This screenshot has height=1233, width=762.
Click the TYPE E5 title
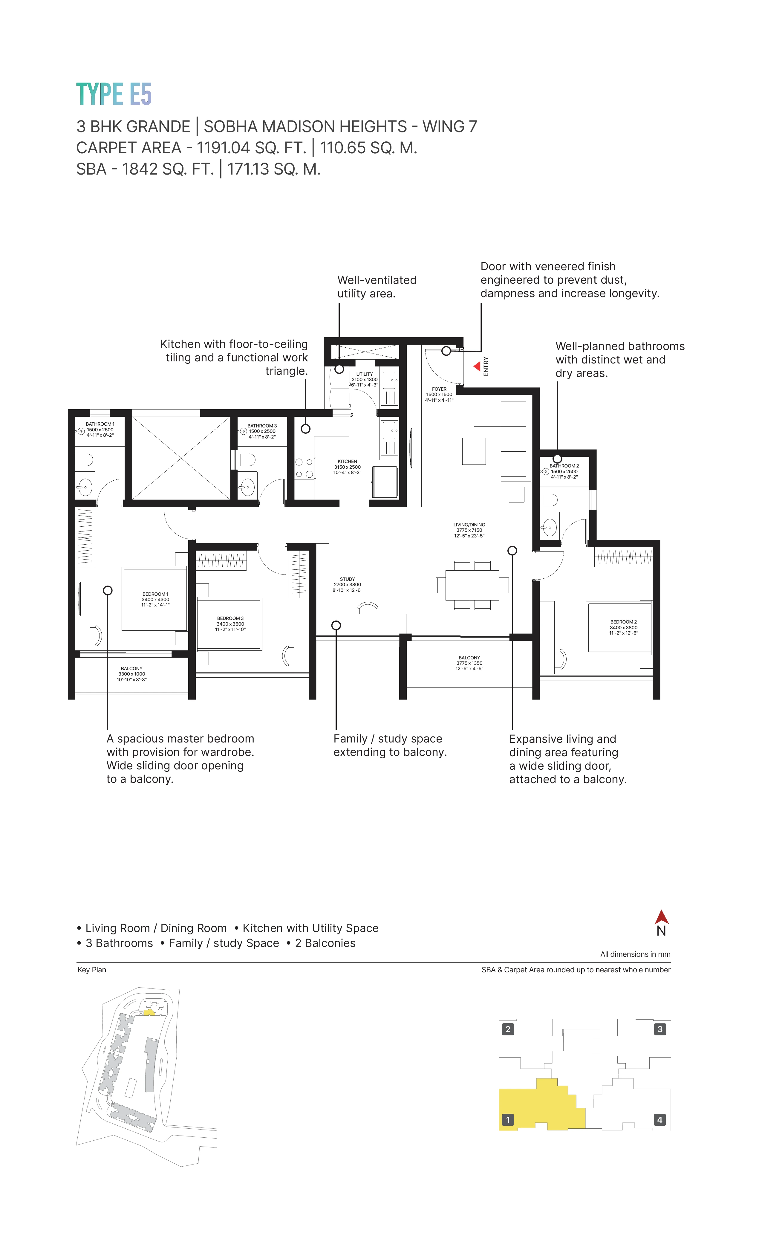(x=114, y=94)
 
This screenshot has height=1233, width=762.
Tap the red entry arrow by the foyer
(x=477, y=366)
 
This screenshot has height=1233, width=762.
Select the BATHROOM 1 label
(x=100, y=430)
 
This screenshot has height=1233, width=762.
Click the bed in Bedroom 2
(x=619, y=628)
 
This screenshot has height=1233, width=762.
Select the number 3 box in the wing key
(x=660, y=1029)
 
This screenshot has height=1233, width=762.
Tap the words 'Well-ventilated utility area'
(x=377, y=287)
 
